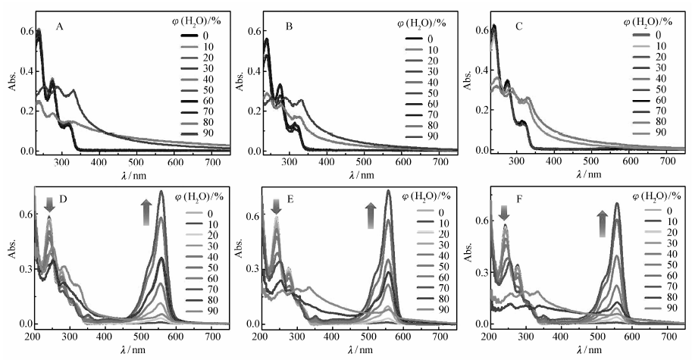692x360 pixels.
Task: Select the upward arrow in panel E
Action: [x=371, y=214]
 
